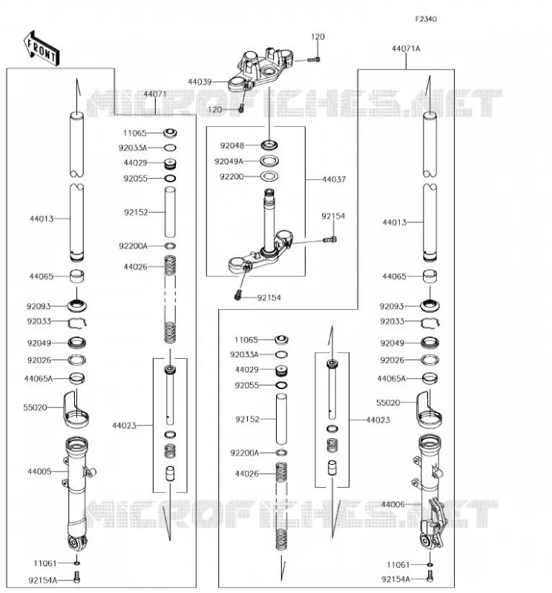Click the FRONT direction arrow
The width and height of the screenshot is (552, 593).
pos(42,49)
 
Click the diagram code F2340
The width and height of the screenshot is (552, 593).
pos(426,19)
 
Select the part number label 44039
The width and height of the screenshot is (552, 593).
pos(200,82)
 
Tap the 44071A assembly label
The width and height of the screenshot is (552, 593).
pos(406,48)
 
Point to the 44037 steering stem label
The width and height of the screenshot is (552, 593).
pos(334,179)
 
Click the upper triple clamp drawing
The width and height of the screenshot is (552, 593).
pos(261,69)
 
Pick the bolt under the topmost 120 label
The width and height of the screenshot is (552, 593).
pos(315,59)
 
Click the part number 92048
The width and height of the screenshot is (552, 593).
pos(232,145)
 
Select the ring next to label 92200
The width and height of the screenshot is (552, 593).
pos(269,176)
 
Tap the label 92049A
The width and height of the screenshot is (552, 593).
pos(229,162)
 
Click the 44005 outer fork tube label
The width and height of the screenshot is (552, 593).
pos(39,471)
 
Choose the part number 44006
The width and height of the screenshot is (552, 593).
pos(393,504)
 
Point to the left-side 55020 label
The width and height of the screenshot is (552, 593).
pos(35,407)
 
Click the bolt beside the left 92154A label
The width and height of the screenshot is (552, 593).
pos(76,577)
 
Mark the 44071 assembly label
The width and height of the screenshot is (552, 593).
pos(155,94)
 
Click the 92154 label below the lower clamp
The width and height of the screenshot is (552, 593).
pos(269,298)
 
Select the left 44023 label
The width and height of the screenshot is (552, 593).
pos(124,425)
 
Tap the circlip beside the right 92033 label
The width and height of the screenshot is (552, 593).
pos(430,322)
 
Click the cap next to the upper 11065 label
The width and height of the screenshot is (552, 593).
pos(171,133)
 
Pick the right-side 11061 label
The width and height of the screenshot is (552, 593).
pos(398,565)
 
